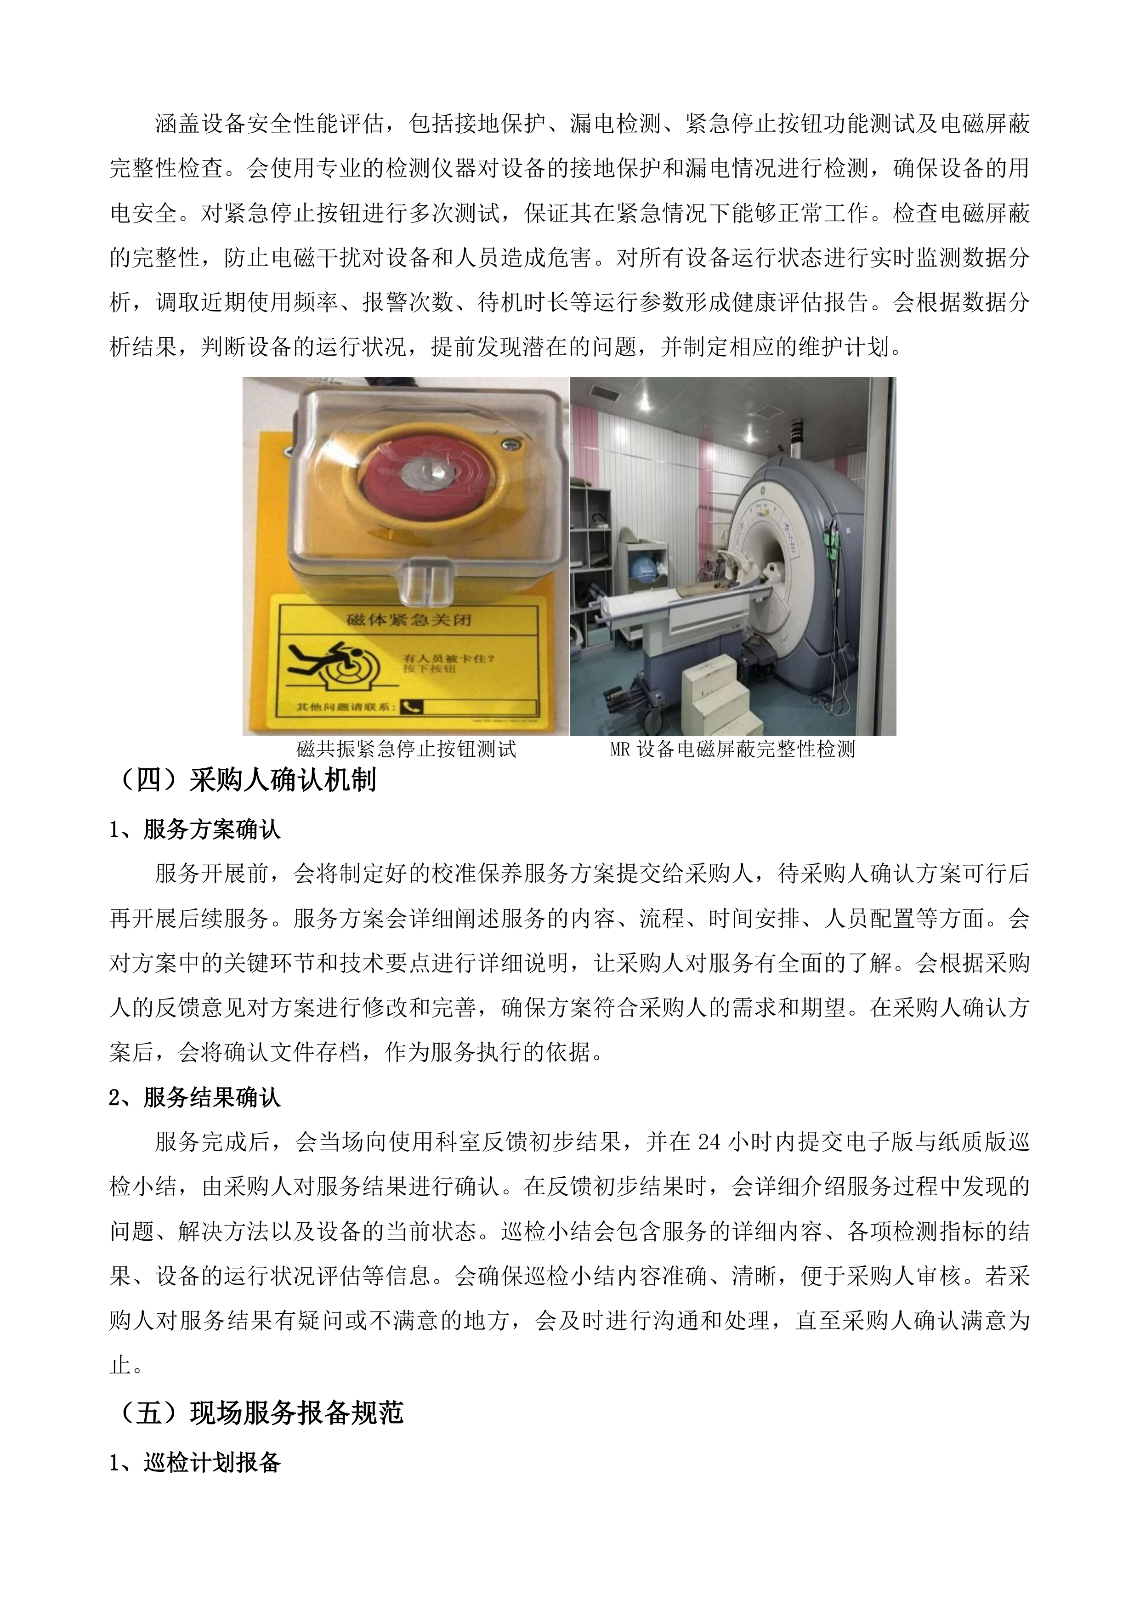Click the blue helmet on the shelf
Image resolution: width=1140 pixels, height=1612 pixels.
point(642,569)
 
